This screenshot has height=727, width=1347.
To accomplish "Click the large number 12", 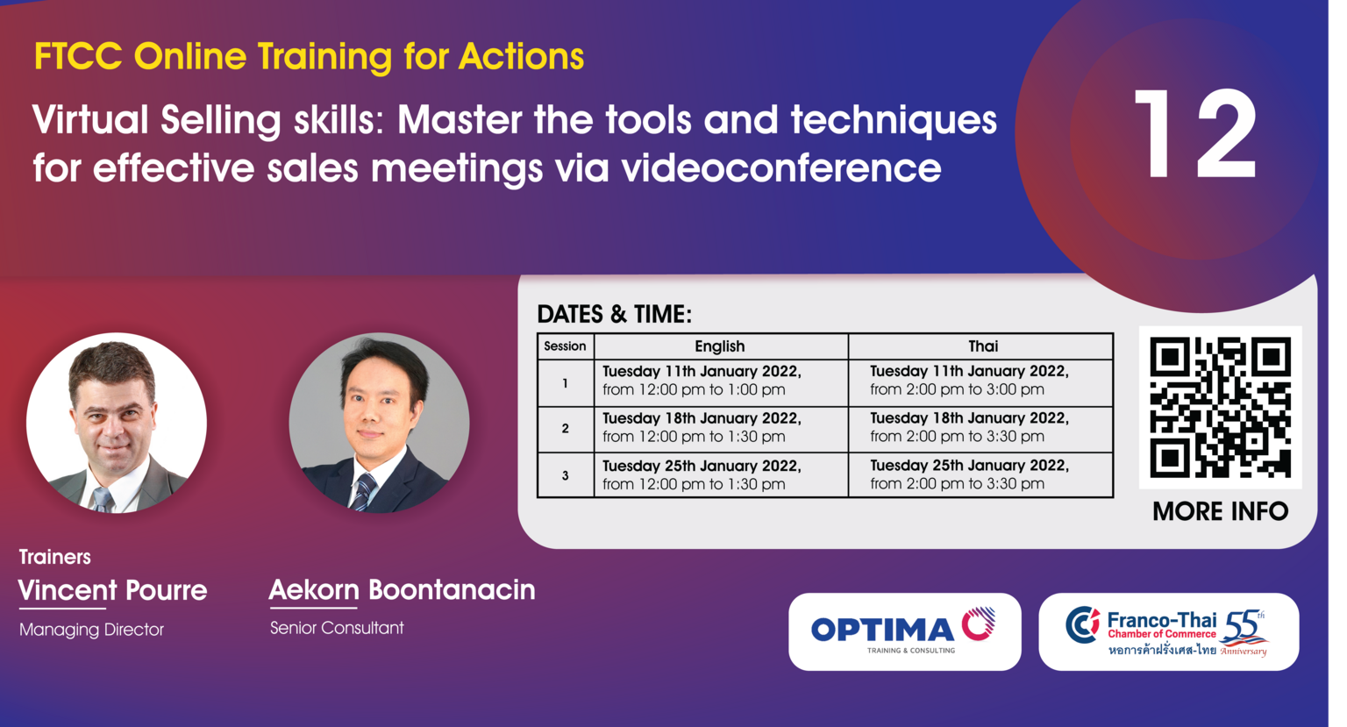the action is click(1195, 134).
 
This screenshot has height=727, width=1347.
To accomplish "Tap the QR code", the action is click(1220, 407).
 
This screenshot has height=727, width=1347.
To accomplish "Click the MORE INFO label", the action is click(1220, 512).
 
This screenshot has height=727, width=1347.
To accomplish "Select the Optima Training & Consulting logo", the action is click(904, 631).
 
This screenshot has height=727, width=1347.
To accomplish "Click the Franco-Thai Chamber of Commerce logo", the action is click(1168, 631).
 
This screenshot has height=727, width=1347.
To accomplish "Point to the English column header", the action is click(720, 346).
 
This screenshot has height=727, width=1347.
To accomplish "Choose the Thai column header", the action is click(983, 346).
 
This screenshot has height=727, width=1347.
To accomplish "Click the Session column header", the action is click(565, 346).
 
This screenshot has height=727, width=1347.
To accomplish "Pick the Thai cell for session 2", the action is click(980, 428).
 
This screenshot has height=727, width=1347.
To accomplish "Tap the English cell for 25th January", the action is click(721, 475).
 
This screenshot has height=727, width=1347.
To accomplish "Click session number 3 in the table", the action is click(566, 475).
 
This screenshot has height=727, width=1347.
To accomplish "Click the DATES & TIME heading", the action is click(614, 315).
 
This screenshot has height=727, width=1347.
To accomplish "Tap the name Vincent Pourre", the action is click(112, 590).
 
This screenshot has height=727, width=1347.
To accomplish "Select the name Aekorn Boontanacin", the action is click(402, 589).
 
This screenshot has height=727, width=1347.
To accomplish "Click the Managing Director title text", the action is click(91, 630).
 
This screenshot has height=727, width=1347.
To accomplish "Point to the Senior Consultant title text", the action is click(337, 628).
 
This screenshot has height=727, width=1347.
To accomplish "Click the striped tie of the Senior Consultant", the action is click(363, 491).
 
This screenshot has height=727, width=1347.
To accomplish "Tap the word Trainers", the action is click(54, 557).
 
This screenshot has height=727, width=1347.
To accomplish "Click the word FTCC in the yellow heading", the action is click(78, 57).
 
